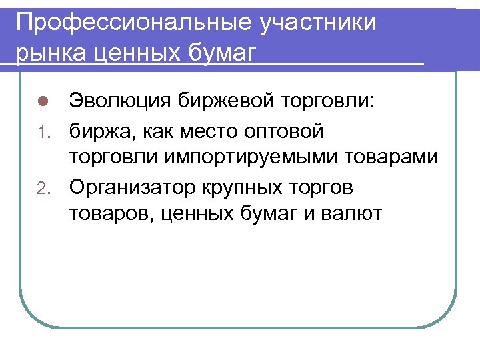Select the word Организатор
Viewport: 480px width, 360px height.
click(129, 187)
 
